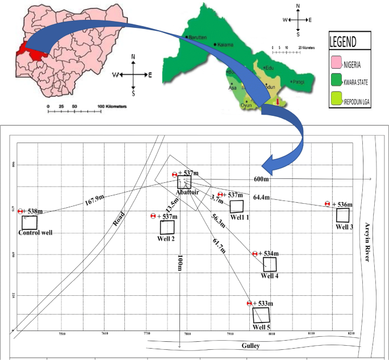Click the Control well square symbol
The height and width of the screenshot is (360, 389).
point(30,223)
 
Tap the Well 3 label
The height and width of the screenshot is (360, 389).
point(344,227)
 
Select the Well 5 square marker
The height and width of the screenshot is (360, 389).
point(261,315)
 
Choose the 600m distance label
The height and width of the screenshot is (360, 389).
point(262,179)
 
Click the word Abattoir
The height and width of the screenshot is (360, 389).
point(188,192)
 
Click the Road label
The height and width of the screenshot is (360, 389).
point(119,219)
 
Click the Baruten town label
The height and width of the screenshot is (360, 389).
point(200,35)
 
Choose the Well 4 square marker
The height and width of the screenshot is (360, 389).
point(270,265)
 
